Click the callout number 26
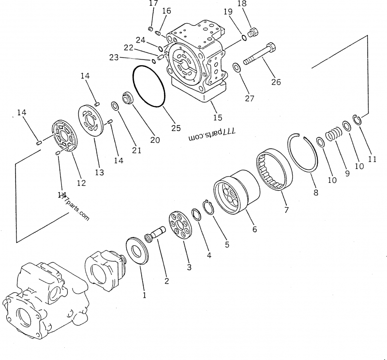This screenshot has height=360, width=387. click(276, 82)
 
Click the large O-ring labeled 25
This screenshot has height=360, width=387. click(149, 87)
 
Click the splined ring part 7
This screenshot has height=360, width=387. click(274, 170)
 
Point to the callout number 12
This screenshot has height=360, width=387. click(81, 183)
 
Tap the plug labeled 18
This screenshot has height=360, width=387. click(252, 33)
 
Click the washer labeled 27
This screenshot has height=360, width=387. click(237, 66)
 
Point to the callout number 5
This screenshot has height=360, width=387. click(226, 244)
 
